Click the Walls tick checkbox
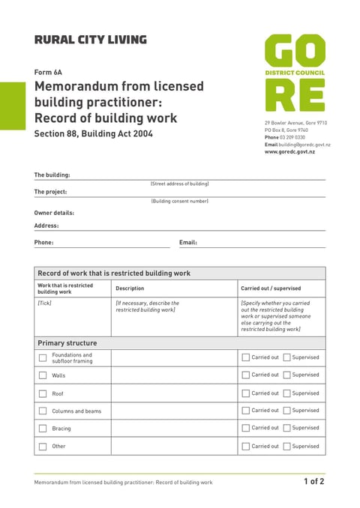coord(43,375)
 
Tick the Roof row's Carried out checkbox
coord(246,393)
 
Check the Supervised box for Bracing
coord(287,429)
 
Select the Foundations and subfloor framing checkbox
coord(43,358)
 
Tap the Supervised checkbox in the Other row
coord(287,447)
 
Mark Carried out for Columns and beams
coord(246,411)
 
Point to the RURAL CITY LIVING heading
coord(90,40)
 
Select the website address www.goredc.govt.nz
coord(289,152)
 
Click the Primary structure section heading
coord(67,343)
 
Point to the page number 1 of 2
coord(313,482)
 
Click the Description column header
coord(130,288)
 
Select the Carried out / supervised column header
coord(271,288)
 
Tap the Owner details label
coord(54,213)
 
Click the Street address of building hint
coord(179,184)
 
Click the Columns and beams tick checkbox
coord(43,411)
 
